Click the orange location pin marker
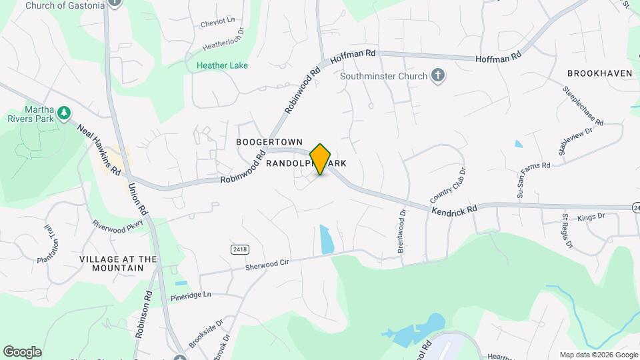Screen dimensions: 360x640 [321, 159]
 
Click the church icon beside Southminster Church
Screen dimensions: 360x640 [437, 75]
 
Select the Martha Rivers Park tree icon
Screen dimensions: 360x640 [64, 114]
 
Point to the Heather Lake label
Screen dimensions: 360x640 [222, 65]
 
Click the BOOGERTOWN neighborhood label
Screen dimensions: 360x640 [269, 142]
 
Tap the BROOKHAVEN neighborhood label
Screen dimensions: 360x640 [599, 73]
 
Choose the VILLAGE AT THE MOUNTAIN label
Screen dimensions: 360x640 [118, 263]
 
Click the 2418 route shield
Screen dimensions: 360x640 [240, 249]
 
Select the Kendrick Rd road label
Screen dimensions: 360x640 [455, 209]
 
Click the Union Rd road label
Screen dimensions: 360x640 [138, 199]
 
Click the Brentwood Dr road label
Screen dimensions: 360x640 [401, 231]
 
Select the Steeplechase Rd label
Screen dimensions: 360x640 [583, 106]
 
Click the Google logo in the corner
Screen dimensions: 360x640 [23, 351]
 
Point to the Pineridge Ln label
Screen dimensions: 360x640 [190, 295]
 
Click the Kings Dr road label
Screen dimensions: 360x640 [591, 217]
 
